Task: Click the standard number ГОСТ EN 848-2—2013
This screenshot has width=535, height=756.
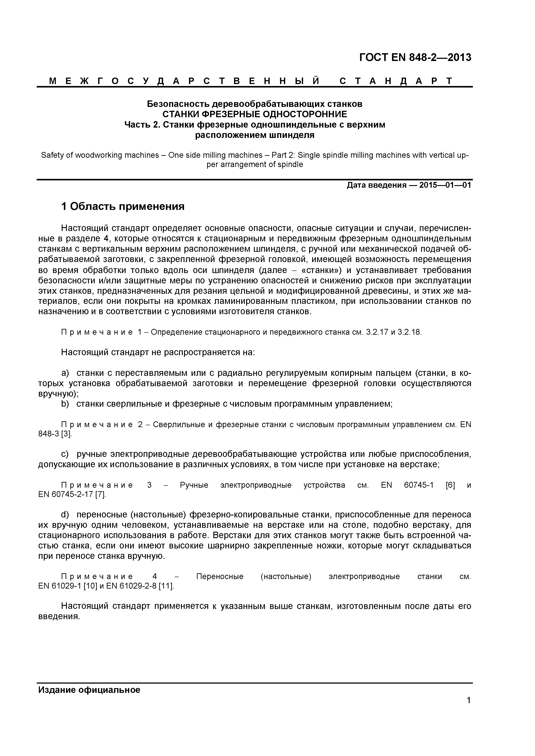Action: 415,58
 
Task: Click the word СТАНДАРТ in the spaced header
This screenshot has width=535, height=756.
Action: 396,81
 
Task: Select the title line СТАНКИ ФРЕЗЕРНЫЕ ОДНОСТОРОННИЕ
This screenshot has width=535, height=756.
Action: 255,114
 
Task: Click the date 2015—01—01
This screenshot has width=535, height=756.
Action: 445,185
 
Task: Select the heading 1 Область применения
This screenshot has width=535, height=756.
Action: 123,206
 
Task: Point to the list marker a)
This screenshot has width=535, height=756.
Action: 65,373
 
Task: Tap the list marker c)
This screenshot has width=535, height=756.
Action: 65,454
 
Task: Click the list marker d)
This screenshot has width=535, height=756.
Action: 65,515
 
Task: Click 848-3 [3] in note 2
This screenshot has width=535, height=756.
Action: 54,434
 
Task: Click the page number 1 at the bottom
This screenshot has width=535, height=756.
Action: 468,710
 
